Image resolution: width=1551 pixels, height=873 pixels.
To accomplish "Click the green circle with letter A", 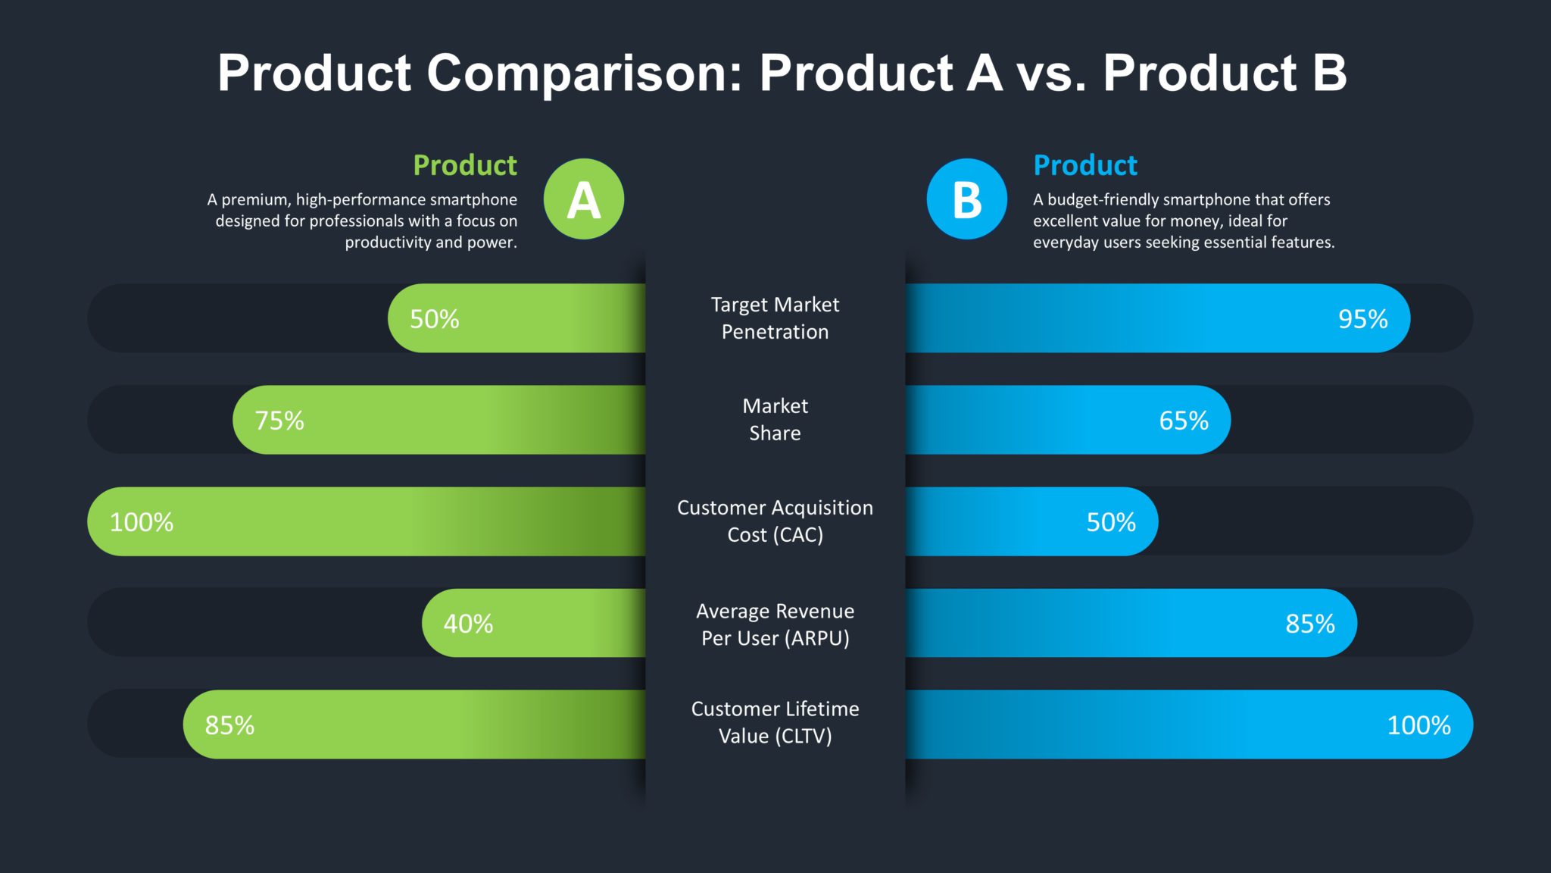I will click(x=583, y=199).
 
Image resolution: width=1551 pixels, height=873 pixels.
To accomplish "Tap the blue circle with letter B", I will click(x=966, y=199).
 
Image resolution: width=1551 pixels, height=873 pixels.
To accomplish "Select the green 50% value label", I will click(x=434, y=319).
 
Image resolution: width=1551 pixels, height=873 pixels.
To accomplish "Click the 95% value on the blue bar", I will click(x=1362, y=319).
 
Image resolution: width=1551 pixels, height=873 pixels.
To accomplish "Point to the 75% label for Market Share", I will click(x=279, y=421).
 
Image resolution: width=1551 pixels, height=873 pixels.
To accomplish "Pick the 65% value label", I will click(x=1183, y=421).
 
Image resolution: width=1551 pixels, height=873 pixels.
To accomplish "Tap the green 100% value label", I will click(x=141, y=522).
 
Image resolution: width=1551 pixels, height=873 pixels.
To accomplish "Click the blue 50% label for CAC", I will click(x=1110, y=522).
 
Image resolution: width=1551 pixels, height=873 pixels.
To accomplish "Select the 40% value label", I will click(x=467, y=624).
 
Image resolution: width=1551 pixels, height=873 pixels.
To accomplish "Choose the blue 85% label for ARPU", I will click(x=1309, y=624).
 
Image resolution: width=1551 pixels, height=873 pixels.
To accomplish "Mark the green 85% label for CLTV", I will click(x=229, y=725).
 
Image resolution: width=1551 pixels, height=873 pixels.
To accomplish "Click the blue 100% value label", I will click(x=1418, y=725).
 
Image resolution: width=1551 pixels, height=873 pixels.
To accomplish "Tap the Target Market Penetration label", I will click(x=775, y=318).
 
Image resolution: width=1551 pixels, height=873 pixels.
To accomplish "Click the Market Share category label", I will click(x=775, y=420).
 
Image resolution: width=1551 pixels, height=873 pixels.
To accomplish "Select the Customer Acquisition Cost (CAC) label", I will click(x=775, y=521).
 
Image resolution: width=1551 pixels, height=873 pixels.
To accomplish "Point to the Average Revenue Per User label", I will click(x=775, y=624).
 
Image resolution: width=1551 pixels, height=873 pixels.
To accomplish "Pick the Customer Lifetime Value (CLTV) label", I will click(x=775, y=722).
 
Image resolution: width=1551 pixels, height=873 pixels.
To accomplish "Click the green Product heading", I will click(x=464, y=165).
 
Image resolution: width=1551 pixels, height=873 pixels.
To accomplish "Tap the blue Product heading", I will click(x=1084, y=165).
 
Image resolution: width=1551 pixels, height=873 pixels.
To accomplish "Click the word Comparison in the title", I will click(x=585, y=74).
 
